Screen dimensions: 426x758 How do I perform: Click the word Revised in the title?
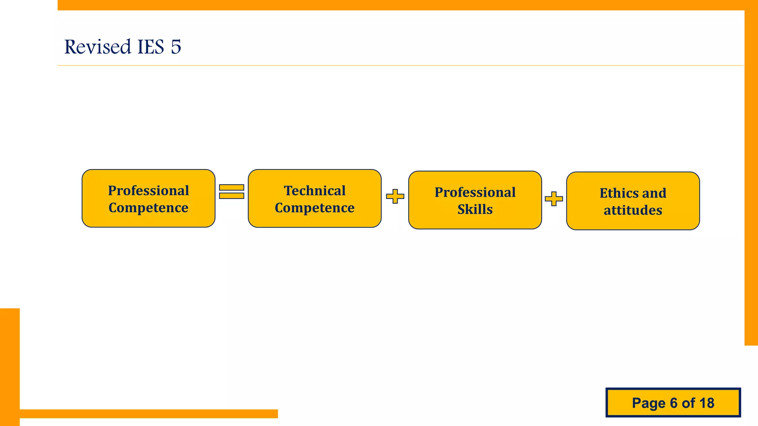(98, 47)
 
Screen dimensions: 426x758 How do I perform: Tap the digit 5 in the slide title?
(176, 47)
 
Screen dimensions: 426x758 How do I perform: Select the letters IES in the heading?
(151, 47)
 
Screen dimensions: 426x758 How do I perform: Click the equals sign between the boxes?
(231, 192)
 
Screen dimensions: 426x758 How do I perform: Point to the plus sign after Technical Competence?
(395, 196)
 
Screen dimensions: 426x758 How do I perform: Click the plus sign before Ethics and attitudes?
(554, 199)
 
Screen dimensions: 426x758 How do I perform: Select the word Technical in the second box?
(315, 191)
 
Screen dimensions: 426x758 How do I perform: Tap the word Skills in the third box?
(475, 209)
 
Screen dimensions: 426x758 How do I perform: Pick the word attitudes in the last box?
(633, 210)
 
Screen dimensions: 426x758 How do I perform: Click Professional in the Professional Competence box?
(148, 191)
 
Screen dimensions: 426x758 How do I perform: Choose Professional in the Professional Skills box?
(475, 192)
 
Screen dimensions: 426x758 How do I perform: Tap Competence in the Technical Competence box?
(315, 208)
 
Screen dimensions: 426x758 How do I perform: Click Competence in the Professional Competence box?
(148, 208)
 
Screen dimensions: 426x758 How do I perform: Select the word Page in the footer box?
(648, 403)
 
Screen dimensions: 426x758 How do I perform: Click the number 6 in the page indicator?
(674, 403)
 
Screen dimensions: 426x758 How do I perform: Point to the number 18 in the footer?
(707, 403)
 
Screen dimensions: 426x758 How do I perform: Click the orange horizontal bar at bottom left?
(148, 414)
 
